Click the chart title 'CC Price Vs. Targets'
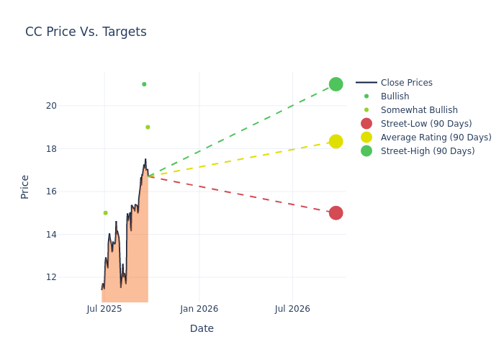86,32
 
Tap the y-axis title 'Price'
25,186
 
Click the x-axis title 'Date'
202,328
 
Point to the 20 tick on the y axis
71,106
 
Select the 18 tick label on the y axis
71,148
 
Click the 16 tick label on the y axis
71,192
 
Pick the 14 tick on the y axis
71,234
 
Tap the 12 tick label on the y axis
71,277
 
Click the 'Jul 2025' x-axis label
104,309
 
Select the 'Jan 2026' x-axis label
199,309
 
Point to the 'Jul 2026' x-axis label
292,309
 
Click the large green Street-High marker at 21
336,84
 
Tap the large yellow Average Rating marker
336,141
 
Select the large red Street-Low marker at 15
336,213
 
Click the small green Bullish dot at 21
144,84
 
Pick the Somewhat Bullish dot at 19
148,127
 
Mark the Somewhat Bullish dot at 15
105,213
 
